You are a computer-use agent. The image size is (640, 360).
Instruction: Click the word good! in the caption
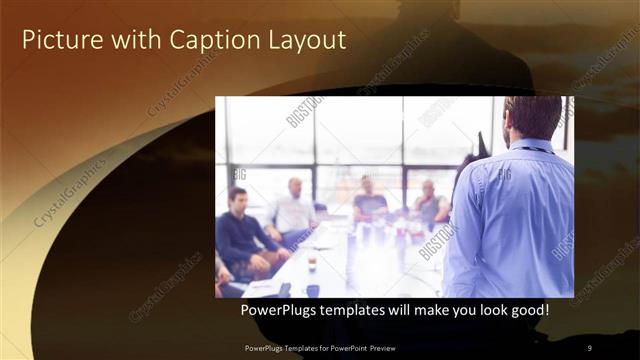pos(527,311)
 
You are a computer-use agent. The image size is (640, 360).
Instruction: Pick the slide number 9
pos(589,347)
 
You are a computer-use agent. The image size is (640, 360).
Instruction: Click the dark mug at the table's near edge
pos(313,290)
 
